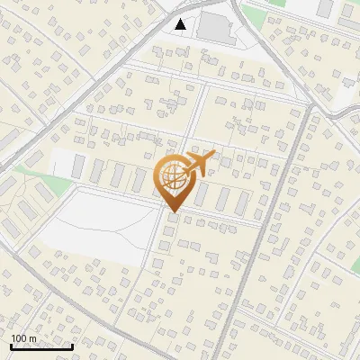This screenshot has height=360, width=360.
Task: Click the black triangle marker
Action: (x=182, y=24)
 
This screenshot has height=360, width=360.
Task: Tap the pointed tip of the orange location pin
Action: (x=172, y=212)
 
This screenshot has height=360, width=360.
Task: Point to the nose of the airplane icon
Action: (x=215, y=156)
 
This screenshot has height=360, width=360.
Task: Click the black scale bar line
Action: (x=40, y=346)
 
